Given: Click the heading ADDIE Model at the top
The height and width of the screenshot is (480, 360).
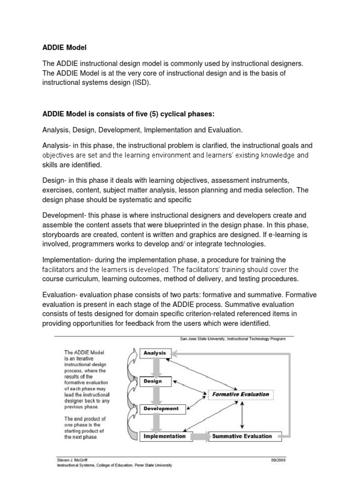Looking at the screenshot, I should coord(65,47).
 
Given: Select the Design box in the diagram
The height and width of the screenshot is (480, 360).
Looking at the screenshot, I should coord(153,381).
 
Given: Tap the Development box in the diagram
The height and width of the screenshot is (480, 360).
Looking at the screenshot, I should coord(160,409).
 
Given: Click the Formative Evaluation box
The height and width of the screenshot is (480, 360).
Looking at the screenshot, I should coord(240,394).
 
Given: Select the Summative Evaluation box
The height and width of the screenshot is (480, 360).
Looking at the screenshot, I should coord(242,436).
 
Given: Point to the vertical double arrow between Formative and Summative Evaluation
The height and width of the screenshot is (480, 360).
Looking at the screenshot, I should coord(241,415).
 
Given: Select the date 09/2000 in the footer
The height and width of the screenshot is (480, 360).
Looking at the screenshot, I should coord(278,460).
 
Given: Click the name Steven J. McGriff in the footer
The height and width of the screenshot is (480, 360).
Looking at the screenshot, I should coord(73,460).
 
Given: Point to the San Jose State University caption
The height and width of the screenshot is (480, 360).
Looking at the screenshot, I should coord(232,338).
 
